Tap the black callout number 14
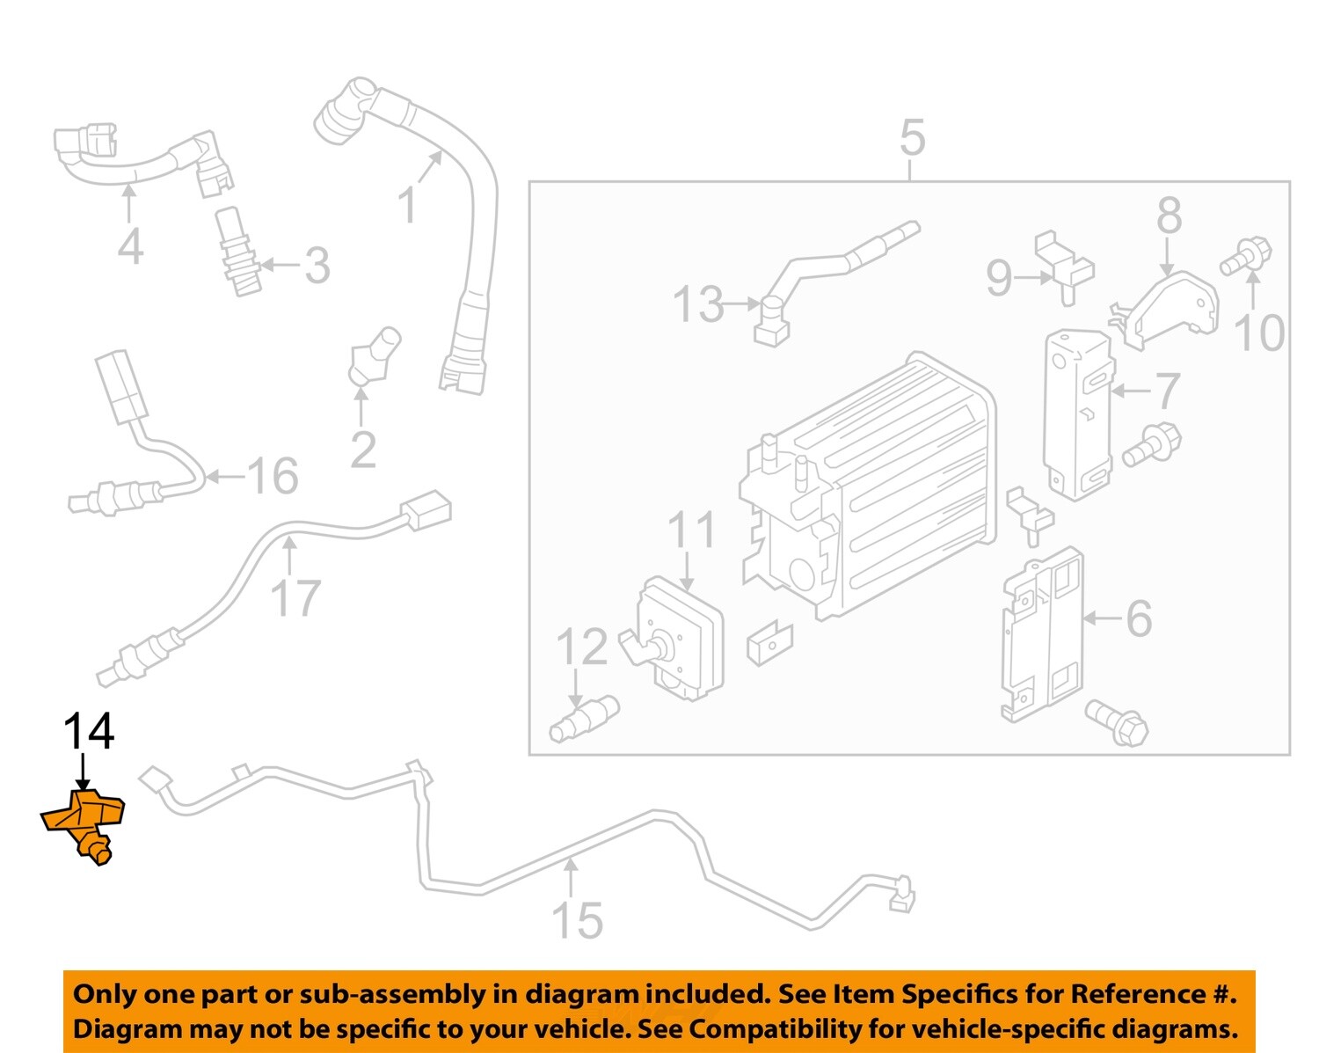[x=88, y=731]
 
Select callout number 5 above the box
[x=912, y=139]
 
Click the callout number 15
[x=577, y=920]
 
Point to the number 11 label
[x=692, y=530]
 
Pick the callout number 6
[x=1139, y=618]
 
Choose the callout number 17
[x=295, y=598]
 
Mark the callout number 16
[x=273, y=476]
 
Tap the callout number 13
[x=698, y=304]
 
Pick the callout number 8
[x=1169, y=216]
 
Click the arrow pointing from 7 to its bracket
[x=1129, y=390]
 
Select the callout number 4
[x=130, y=246]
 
